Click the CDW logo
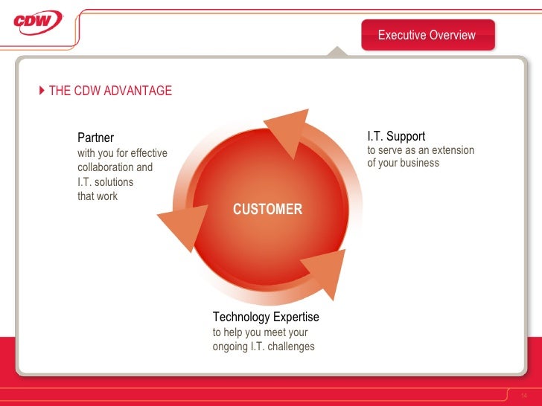[x=37, y=22]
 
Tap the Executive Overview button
[x=427, y=35]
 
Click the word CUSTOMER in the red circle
[x=267, y=209]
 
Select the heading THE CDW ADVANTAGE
[x=110, y=91]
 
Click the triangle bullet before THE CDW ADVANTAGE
[x=42, y=91]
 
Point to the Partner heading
[x=96, y=138]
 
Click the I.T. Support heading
[x=396, y=136]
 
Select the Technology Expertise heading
[x=266, y=317]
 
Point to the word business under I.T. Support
[x=418, y=163]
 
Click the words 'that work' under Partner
[x=98, y=196]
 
